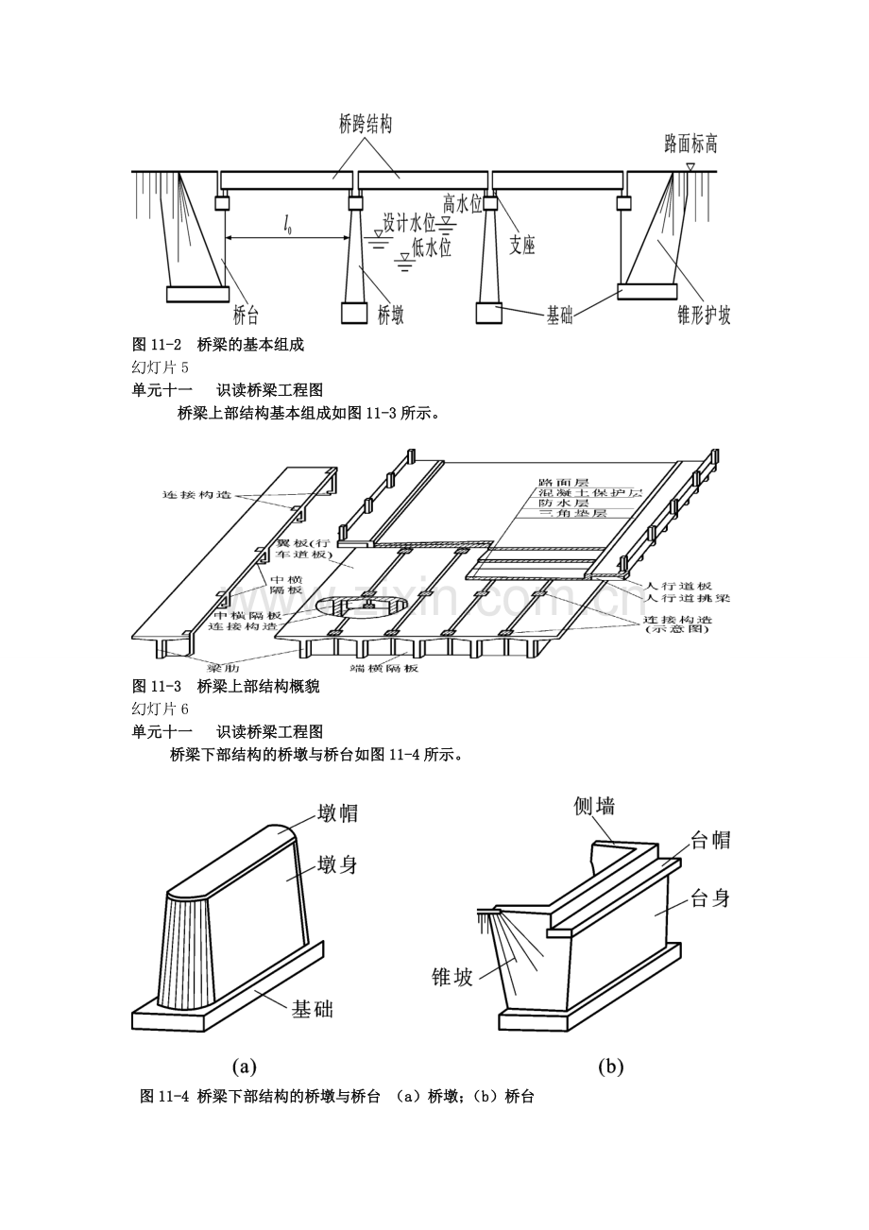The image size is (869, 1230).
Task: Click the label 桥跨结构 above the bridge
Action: [x=366, y=124]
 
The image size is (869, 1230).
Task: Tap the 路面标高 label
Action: [x=690, y=144]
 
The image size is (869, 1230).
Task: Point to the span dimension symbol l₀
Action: [x=286, y=224]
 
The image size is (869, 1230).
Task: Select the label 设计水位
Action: [x=409, y=223]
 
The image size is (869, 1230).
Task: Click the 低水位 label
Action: [x=431, y=248]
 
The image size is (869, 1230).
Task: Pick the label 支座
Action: [x=522, y=246]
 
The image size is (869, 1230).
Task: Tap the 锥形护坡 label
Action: [x=704, y=316]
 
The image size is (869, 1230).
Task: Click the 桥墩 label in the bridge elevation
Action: [x=391, y=316]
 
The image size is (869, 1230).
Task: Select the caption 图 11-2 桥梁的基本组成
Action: [x=218, y=346]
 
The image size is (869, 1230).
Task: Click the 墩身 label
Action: [x=337, y=864]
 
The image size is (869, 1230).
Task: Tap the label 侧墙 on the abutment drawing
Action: [x=594, y=806]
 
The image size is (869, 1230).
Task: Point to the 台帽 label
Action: [x=710, y=840]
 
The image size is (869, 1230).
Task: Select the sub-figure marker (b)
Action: [x=611, y=1068]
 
